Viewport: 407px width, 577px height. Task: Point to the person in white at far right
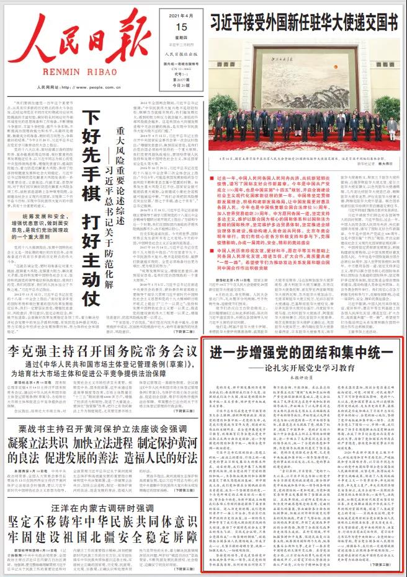392,130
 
